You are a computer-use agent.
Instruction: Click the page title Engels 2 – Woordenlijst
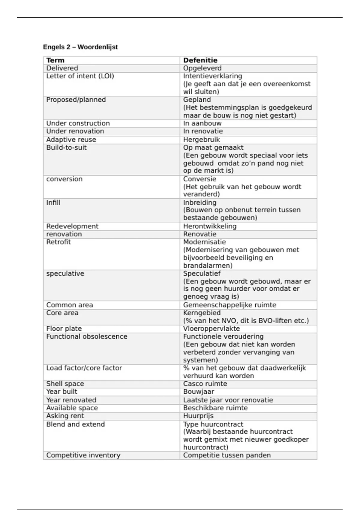click(x=80, y=47)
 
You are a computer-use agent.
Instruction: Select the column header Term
click(x=55, y=60)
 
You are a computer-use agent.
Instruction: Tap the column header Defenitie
click(x=200, y=60)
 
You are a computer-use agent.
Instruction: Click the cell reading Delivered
click(x=62, y=68)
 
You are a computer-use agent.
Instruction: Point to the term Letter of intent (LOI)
click(x=80, y=76)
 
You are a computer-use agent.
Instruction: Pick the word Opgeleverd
click(x=202, y=68)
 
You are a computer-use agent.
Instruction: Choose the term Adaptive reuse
click(x=71, y=139)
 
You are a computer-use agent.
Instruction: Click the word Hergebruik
click(x=201, y=139)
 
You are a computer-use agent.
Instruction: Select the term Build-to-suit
click(x=66, y=148)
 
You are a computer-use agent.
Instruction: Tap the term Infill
click(x=53, y=202)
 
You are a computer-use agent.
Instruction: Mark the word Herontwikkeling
click(x=210, y=226)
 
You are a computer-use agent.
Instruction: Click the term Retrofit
click(x=58, y=242)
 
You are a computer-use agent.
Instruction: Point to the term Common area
click(x=70, y=305)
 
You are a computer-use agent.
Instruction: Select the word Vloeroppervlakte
click(x=211, y=328)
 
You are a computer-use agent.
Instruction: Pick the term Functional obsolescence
click(x=87, y=337)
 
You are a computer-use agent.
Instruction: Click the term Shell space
click(x=65, y=384)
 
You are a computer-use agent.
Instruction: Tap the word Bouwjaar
click(x=199, y=391)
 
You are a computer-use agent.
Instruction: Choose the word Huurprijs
click(x=198, y=416)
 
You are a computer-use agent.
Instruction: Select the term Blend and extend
click(x=76, y=424)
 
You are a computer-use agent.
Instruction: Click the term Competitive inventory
click(x=83, y=455)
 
